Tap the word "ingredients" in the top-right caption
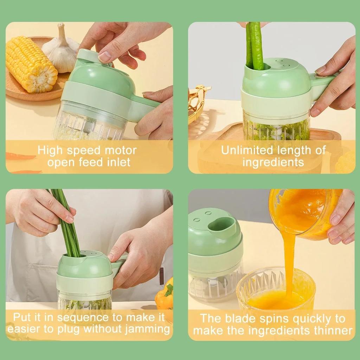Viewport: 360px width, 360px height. (x=273, y=162)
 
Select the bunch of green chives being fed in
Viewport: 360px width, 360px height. (x=67, y=221)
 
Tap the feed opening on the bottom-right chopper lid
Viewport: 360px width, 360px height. (x=225, y=225)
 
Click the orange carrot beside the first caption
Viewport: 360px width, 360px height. (x=19, y=156)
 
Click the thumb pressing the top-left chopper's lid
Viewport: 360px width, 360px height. (x=105, y=56)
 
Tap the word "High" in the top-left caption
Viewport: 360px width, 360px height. (x=50, y=150)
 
